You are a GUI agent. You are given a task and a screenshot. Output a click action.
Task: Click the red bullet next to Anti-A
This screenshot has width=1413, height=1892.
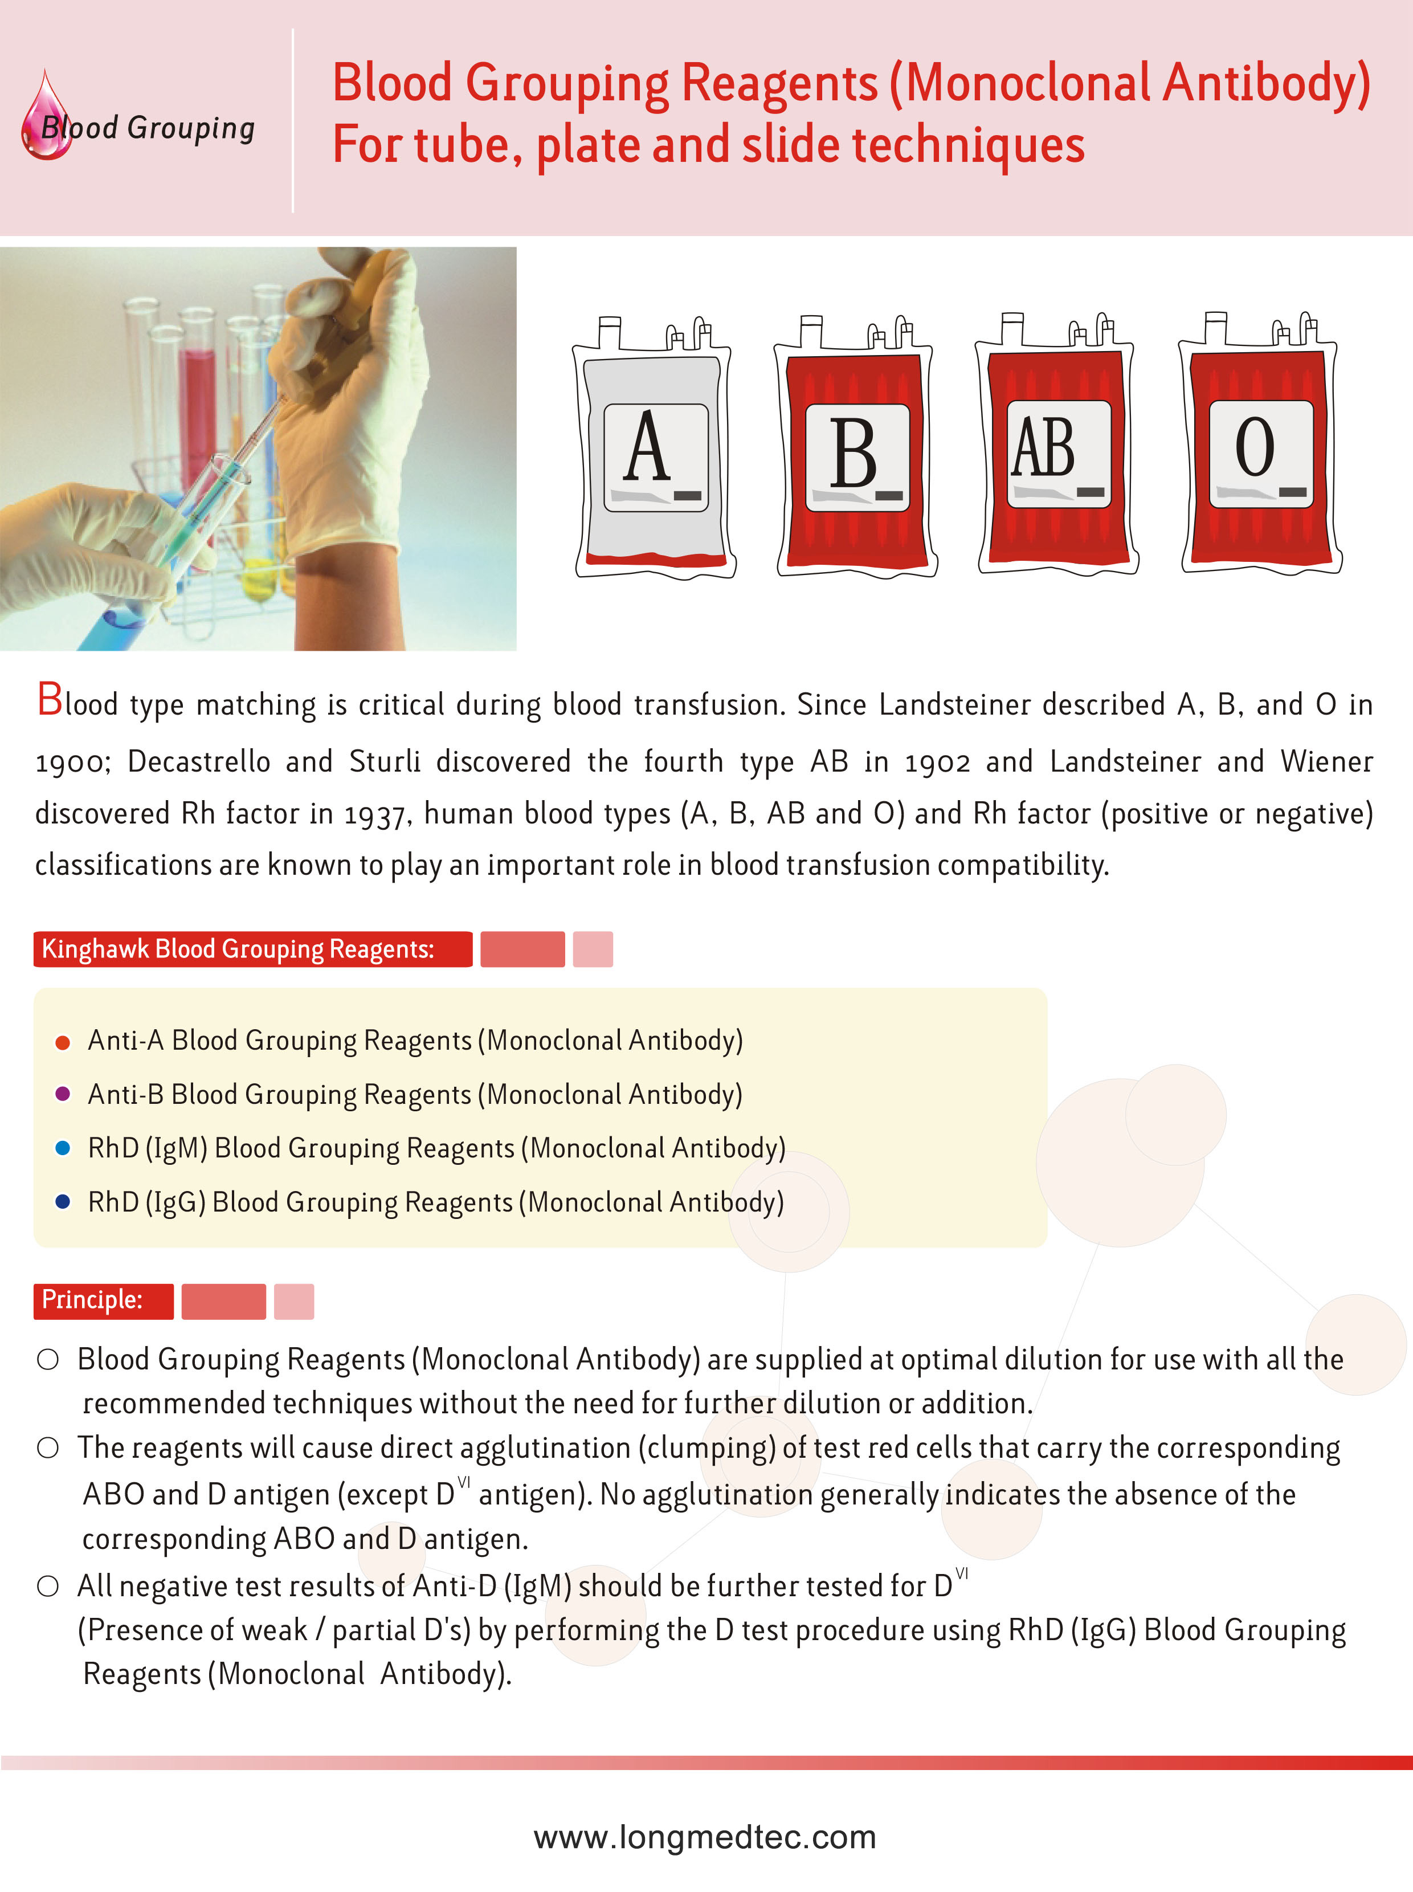pyautogui.click(x=63, y=1042)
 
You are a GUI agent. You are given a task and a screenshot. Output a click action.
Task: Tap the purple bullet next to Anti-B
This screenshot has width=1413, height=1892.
pyautogui.click(x=63, y=1094)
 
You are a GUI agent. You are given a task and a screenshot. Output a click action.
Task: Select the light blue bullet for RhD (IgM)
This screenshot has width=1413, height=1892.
pyautogui.click(x=63, y=1148)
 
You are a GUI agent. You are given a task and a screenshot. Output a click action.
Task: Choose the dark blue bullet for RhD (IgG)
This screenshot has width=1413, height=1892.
pyautogui.click(x=63, y=1202)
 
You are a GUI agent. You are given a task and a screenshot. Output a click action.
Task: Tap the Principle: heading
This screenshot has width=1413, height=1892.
pyautogui.click(x=92, y=1300)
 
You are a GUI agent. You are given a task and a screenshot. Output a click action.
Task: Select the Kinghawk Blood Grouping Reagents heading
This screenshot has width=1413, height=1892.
pyautogui.click(x=238, y=949)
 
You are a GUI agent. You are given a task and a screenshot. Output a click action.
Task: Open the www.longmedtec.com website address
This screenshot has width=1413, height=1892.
pyautogui.click(x=705, y=1837)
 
